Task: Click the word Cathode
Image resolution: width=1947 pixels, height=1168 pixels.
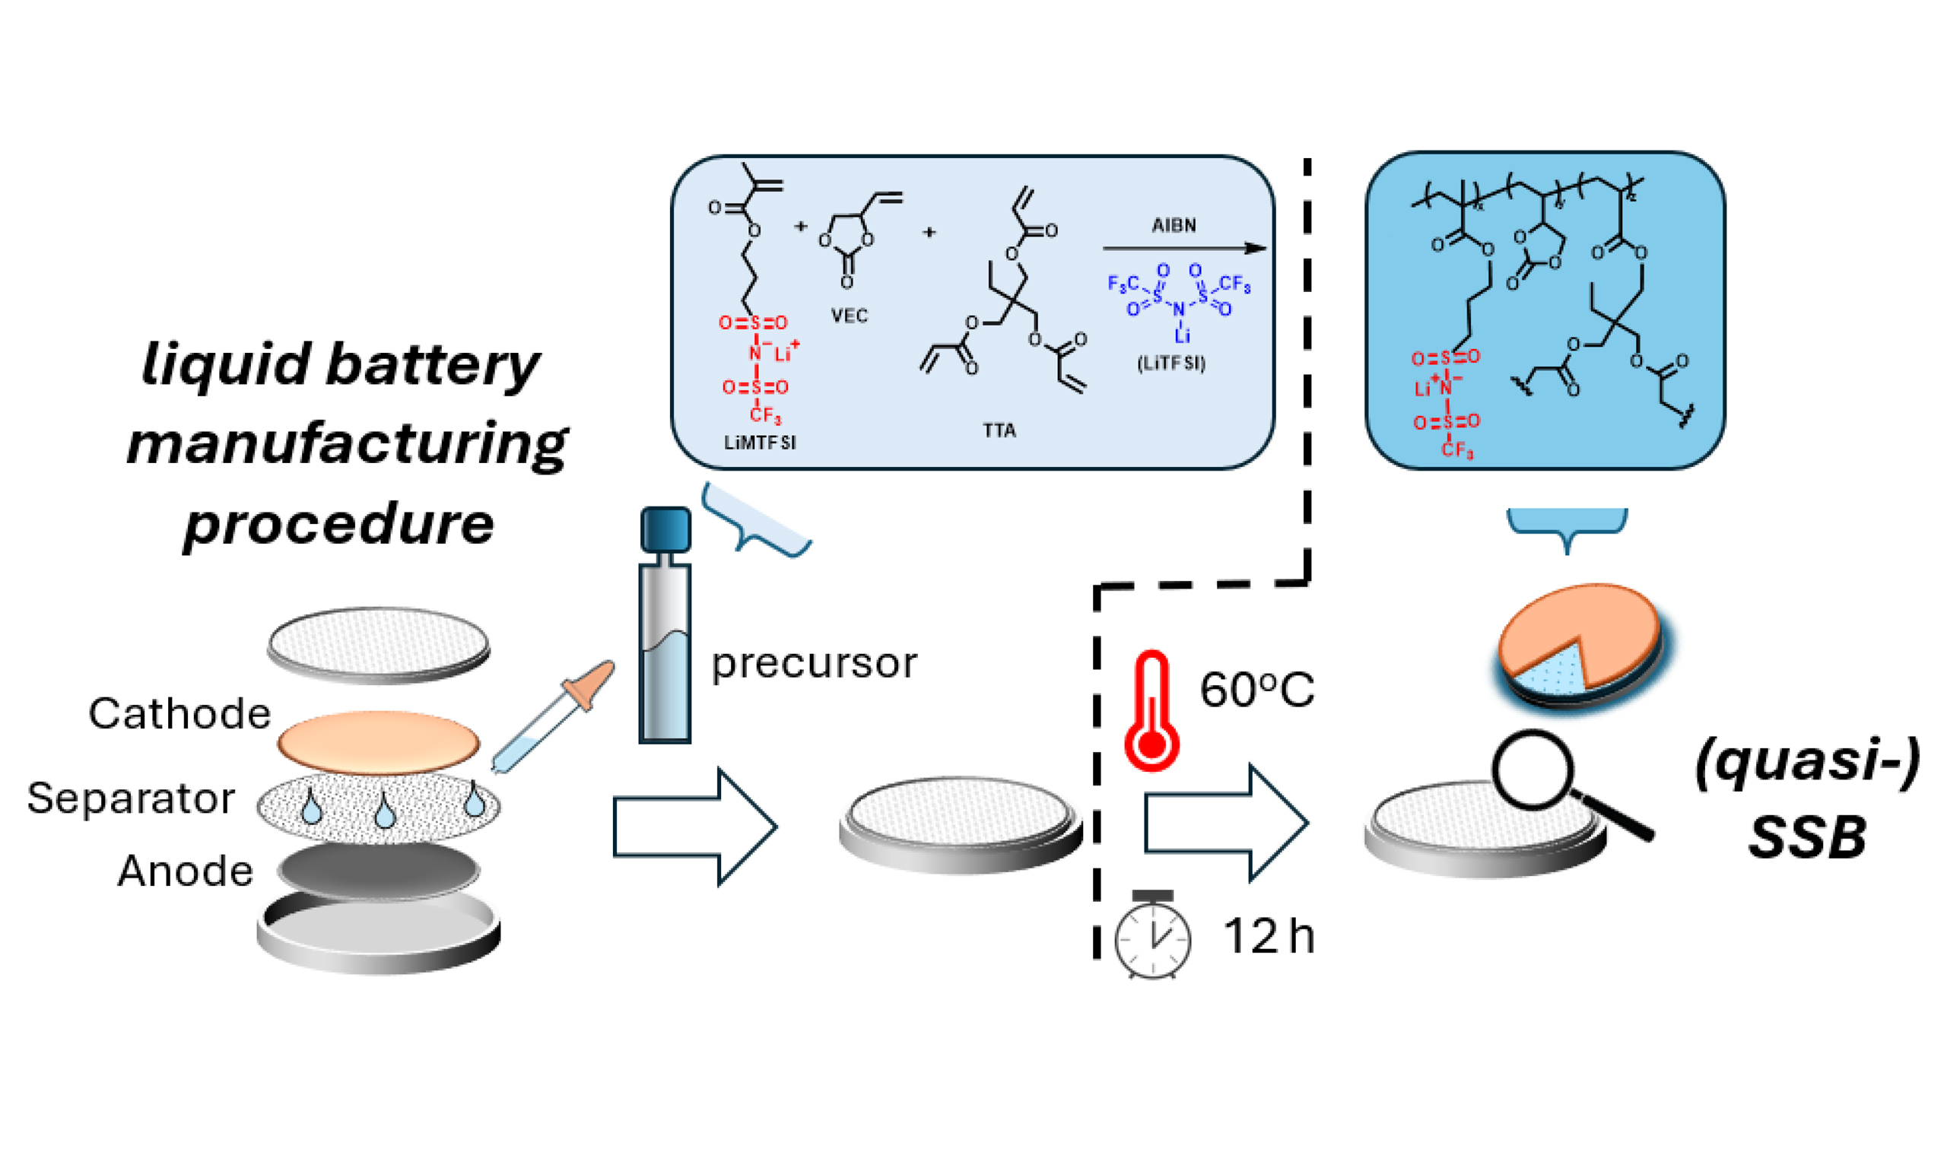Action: coord(179,714)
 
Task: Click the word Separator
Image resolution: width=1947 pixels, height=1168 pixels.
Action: coord(131,798)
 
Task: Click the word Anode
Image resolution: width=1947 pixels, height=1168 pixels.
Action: coord(186,871)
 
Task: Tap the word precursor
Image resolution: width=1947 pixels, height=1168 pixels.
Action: coord(814,664)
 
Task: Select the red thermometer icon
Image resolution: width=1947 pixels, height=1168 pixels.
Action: coord(1151,711)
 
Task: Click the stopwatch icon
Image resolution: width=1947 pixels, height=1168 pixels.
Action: coord(1152,936)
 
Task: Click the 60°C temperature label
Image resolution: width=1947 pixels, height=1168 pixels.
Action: coord(1256,690)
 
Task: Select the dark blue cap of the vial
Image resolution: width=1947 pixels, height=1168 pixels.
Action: coord(665,529)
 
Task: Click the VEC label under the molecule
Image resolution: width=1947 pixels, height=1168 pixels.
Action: coord(850,316)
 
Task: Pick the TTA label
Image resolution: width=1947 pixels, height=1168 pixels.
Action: coord(999,430)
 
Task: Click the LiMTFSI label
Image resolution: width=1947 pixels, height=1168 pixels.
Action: coord(760,443)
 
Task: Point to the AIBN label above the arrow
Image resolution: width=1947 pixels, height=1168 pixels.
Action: coord(1174,226)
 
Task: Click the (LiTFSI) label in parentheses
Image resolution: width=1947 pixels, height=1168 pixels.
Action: coord(1171,363)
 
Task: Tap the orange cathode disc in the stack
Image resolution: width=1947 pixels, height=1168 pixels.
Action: coord(379,741)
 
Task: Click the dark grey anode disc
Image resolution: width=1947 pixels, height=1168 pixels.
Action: coord(379,871)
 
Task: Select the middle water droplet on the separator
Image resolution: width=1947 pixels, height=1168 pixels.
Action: coord(385,811)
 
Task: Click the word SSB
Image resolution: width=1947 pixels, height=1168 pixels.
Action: coord(1807,836)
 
